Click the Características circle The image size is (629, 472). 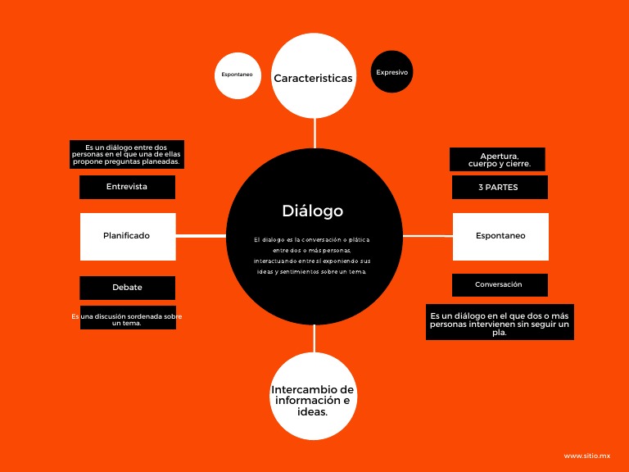[313, 79]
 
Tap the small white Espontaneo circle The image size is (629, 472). [237, 75]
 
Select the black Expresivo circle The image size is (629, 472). [391, 72]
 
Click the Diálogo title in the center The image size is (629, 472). [312, 211]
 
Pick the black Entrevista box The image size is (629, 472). [127, 187]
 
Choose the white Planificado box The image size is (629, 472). [127, 236]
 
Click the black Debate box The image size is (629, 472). [127, 288]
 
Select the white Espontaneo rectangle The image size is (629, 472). [500, 236]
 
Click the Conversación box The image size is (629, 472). [499, 285]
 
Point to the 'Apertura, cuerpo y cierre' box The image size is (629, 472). [497, 159]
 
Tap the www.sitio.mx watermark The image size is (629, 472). [587, 456]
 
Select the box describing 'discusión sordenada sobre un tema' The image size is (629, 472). [127, 318]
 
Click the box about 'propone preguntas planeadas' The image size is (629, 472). [126, 154]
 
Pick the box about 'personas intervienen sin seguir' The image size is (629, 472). [500, 323]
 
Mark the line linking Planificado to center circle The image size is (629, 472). [201, 236]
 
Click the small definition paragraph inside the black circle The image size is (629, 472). [312, 256]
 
